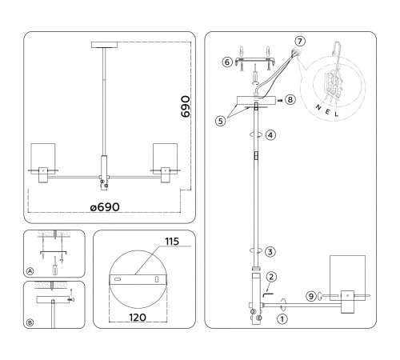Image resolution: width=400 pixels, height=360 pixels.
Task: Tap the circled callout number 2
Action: [x=271, y=277]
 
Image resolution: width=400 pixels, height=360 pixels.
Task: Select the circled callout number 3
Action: [x=271, y=251]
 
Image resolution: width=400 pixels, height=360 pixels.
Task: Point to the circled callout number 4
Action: [x=271, y=134]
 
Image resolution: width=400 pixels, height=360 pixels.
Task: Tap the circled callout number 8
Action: [x=290, y=101]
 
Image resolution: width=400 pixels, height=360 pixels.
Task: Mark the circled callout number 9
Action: [x=310, y=297]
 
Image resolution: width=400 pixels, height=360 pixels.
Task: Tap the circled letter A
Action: [x=30, y=272]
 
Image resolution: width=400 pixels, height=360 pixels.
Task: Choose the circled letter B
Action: [x=30, y=322]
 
